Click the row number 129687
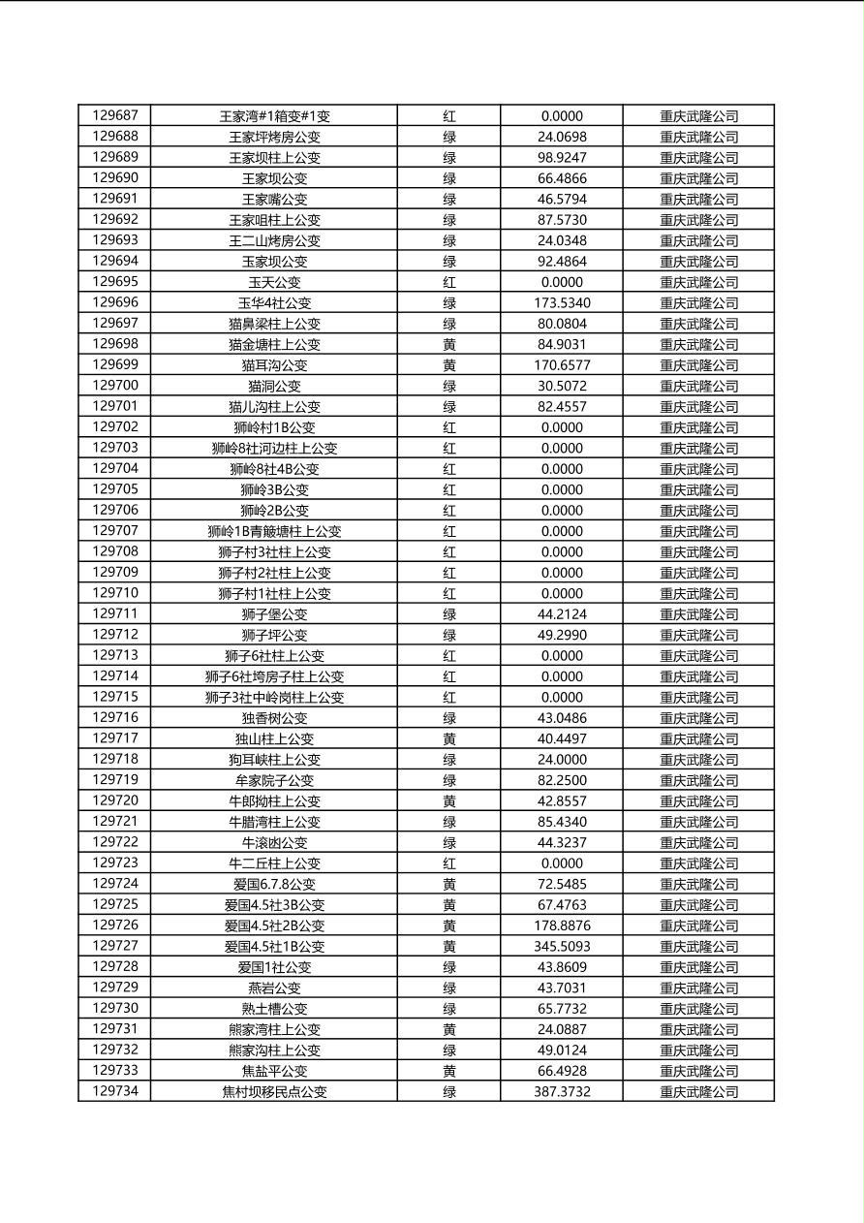pyautogui.click(x=114, y=115)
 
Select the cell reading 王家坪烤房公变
pyautogui.click(x=274, y=137)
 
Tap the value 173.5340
pyautogui.click(x=562, y=303)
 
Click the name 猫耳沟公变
pyautogui.click(x=274, y=365)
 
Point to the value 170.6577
pyautogui.click(x=562, y=365)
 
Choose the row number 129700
pyautogui.click(x=114, y=386)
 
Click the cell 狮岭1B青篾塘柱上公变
pyautogui.click(x=274, y=531)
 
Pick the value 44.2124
pyautogui.click(x=562, y=614)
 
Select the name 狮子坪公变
pyautogui.click(x=274, y=635)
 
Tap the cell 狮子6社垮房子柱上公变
pyautogui.click(x=274, y=676)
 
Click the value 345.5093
pyautogui.click(x=562, y=946)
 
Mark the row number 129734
pyautogui.click(x=114, y=1091)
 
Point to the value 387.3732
pyautogui.click(x=562, y=1091)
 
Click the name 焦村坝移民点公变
pyautogui.click(x=274, y=1091)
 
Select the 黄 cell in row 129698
pyautogui.click(x=449, y=344)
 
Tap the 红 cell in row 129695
pyautogui.click(x=449, y=282)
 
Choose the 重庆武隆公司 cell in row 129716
pyautogui.click(x=698, y=718)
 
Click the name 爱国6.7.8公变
pyautogui.click(x=274, y=884)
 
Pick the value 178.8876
pyautogui.click(x=562, y=925)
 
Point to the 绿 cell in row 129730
pyautogui.click(x=449, y=1009)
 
